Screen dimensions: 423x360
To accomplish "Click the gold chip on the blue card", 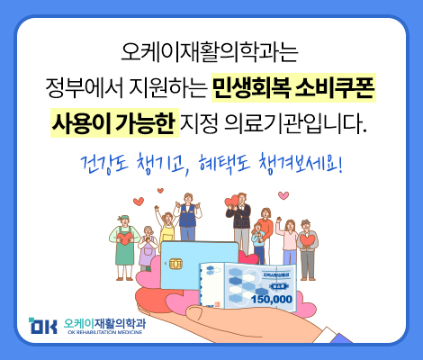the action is tap(176, 264).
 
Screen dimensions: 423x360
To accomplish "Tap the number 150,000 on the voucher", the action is tap(272, 299).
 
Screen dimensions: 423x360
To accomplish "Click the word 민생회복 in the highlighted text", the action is tap(251, 88).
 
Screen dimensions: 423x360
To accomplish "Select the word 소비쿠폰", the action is tap(335, 88).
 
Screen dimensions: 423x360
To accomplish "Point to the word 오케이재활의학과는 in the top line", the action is tap(210, 52).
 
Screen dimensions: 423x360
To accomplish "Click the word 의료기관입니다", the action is tap(295, 123).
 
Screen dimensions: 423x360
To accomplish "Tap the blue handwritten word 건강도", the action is tap(104, 165).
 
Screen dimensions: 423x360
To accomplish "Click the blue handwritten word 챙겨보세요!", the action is tap(300, 165).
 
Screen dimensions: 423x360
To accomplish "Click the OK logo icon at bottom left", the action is tap(43, 326).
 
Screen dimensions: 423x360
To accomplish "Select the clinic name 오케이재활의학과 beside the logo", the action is tap(104, 324).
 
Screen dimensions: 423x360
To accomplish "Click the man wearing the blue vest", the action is tap(188, 217).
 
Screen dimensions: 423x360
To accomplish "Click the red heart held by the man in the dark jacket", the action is tap(231, 201).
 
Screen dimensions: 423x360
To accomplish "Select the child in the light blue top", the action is tap(258, 243).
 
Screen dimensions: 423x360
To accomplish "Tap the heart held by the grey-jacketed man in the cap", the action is tap(307, 240).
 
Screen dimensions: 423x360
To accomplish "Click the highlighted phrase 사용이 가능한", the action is tap(114, 123).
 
